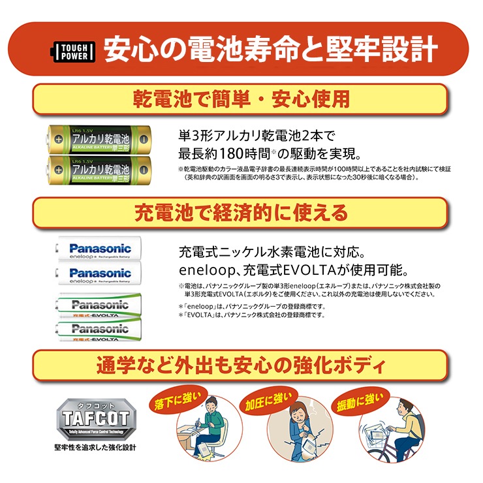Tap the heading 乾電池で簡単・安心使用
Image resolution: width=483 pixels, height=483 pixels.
pyautogui.click(x=241, y=99)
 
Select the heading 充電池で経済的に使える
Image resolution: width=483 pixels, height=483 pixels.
pyautogui.click(x=241, y=213)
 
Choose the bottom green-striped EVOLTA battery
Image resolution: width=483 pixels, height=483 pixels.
pyautogui.click(x=99, y=330)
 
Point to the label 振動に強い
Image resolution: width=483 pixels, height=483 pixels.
pyautogui.click(x=356, y=399)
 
